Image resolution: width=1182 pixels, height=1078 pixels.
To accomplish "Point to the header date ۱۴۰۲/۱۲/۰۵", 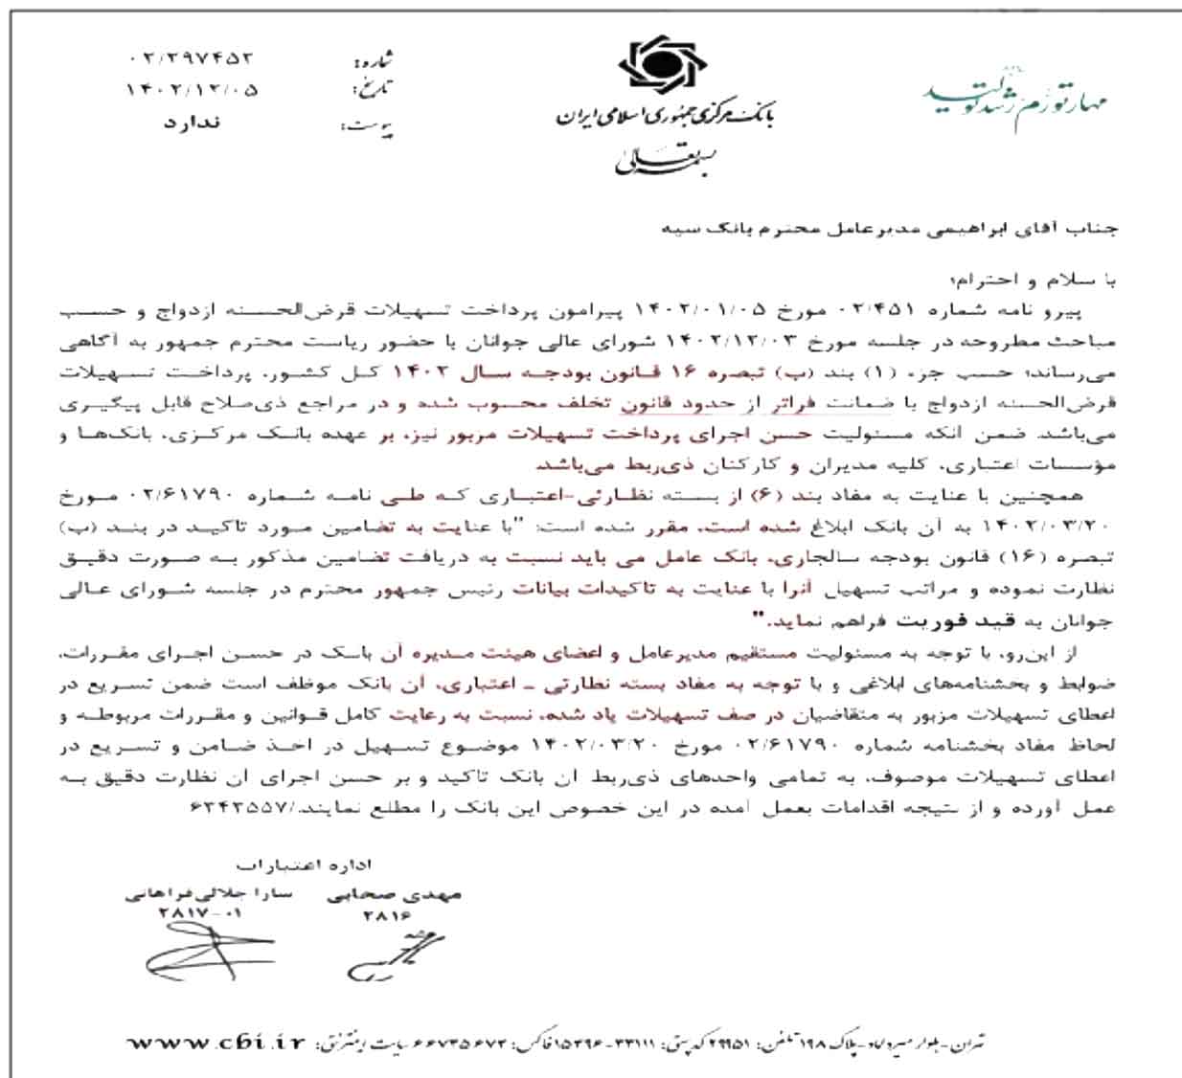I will [x=192, y=91].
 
